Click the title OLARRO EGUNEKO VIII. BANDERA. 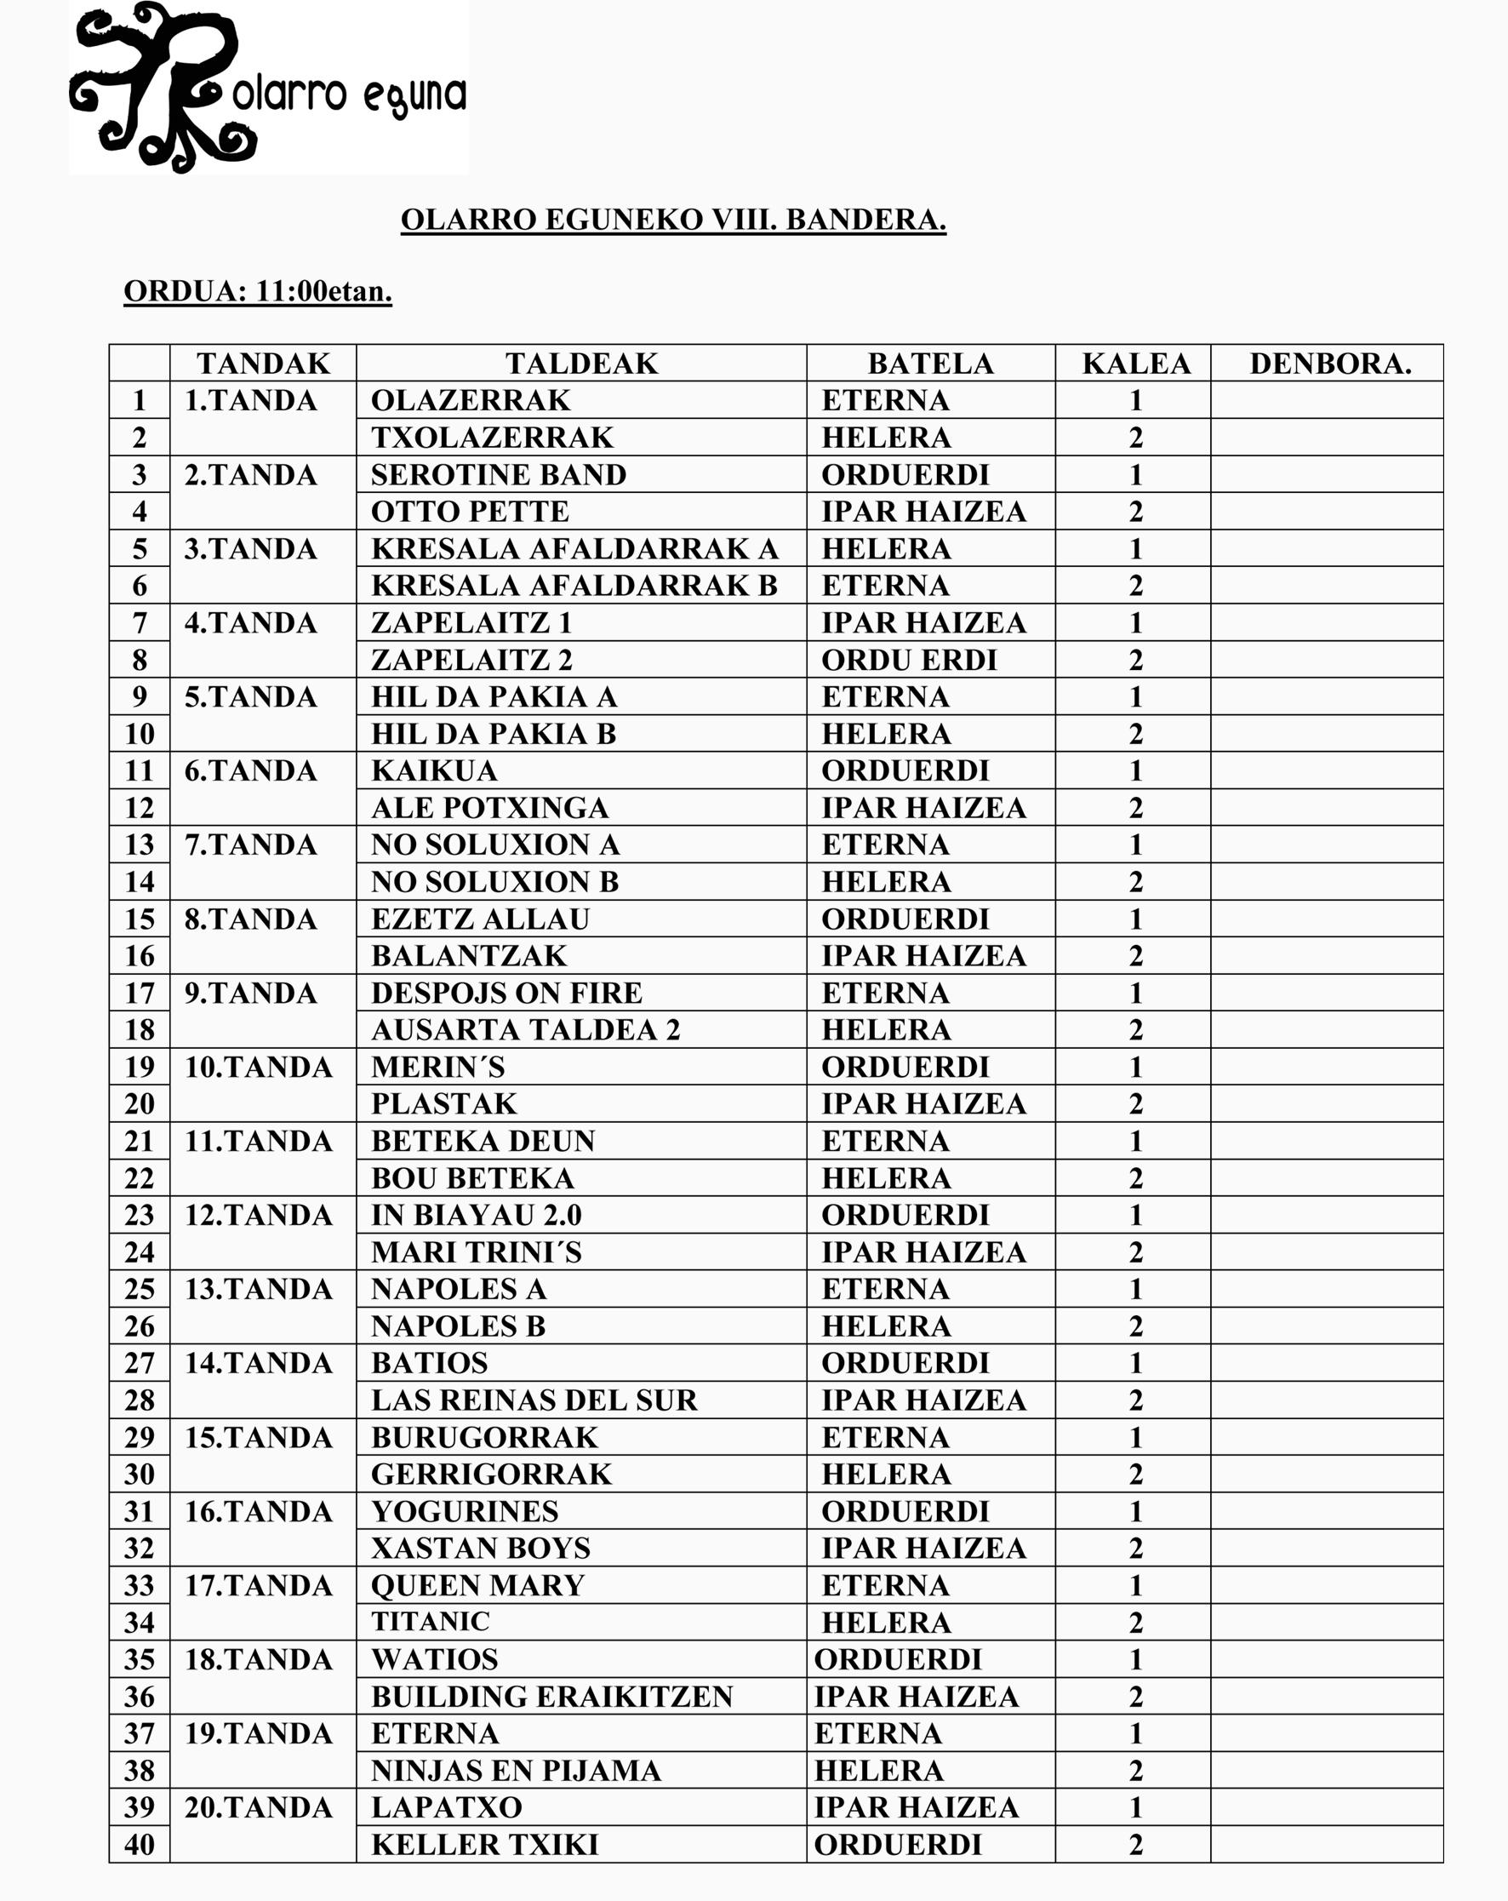pyautogui.click(x=673, y=220)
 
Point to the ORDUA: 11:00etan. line pyautogui.click(x=257, y=291)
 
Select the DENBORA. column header pyautogui.click(x=1330, y=364)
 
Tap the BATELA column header pyautogui.click(x=931, y=364)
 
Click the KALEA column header pyautogui.click(x=1136, y=364)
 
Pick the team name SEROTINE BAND pyautogui.click(x=499, y=474)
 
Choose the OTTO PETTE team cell pyautogui.click(x=470, y=512)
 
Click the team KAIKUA pyautogui.click(x=435, y=770)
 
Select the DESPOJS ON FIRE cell pyautogui.click(x=506, y=993)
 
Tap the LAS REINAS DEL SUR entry pyautogui.click(x=534, y=1400)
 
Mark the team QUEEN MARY pyautogui.click(x=477, y=1585)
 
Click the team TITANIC pyautogui.click(x=430, y=1622)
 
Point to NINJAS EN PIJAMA pyautogui.click(x=516, y=1771)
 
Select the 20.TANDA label pyautogui.click(x=258, y=1807)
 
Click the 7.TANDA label pyautogui.click(x=250, y=845)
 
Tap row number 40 pyautogui.click(x=140, y=1845)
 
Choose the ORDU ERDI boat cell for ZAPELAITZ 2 pyautogui.click(x=909, y=660)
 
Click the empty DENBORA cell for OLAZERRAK pyautogui.click(x=1327, y=400)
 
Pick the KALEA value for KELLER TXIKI pyautogui.click(x=1136, y=1845)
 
